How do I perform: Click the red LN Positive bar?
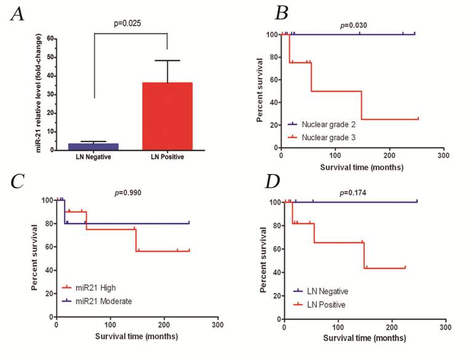click(x=167, y=116)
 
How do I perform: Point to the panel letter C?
click(x=19, y=183)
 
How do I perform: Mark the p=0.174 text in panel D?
click(x=353, y=192)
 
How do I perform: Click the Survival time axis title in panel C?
click(x=137, y=336)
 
